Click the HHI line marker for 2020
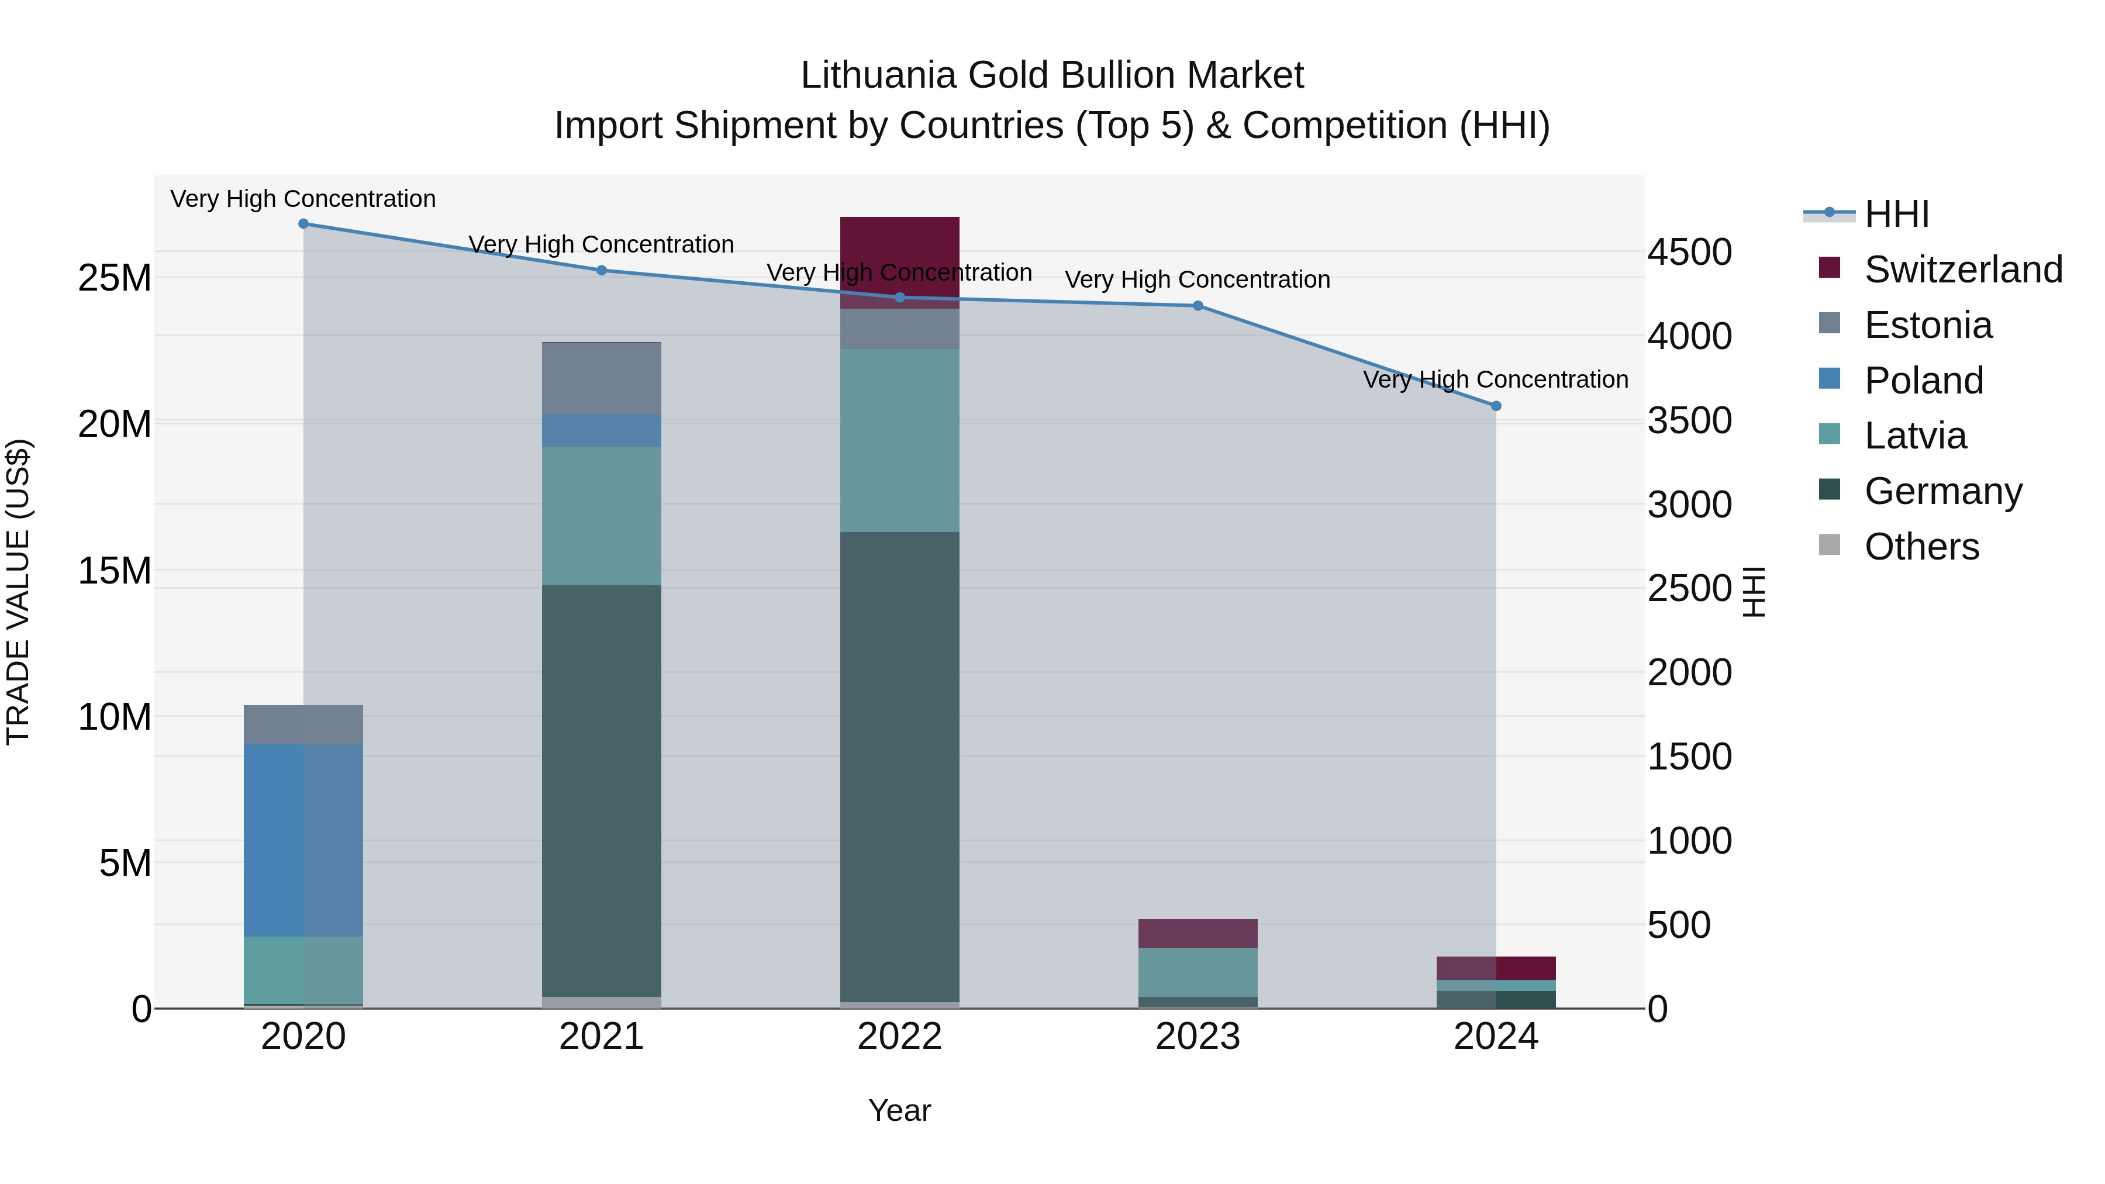click(303, 224)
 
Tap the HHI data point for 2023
click(1198, 306)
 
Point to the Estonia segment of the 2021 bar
click(602, 378)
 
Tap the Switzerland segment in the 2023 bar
click(1198, 933)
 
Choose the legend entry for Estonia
click(1928, 325)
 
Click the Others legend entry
click(1921, 547)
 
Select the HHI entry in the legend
click(1896, 214)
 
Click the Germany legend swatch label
click(1942, 491)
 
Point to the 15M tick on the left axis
click(115, 570)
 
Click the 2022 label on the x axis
click(900, 1037)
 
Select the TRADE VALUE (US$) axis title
click(18, 592)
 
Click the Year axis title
click(900, 1110)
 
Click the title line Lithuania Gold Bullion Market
click(1052, 75)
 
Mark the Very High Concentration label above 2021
click(602, 244)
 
